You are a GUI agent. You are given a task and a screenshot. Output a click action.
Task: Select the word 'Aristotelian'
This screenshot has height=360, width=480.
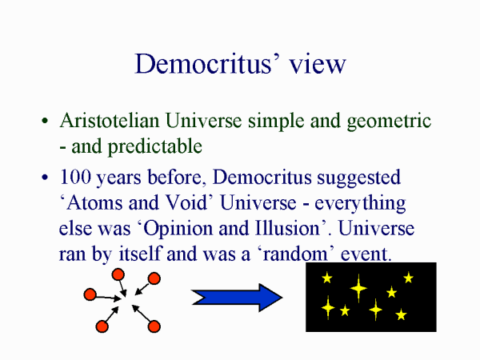tap(110, 122)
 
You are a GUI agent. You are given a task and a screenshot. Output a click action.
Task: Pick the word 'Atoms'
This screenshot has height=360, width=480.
tap(90, 202)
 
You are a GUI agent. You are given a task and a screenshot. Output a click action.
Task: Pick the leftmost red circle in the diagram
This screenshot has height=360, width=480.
tap(90, 294)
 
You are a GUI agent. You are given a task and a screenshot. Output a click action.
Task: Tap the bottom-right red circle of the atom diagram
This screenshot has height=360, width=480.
tap(154, 326)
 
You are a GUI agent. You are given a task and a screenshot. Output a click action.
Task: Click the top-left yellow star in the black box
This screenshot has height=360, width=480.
tap(326, 278)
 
